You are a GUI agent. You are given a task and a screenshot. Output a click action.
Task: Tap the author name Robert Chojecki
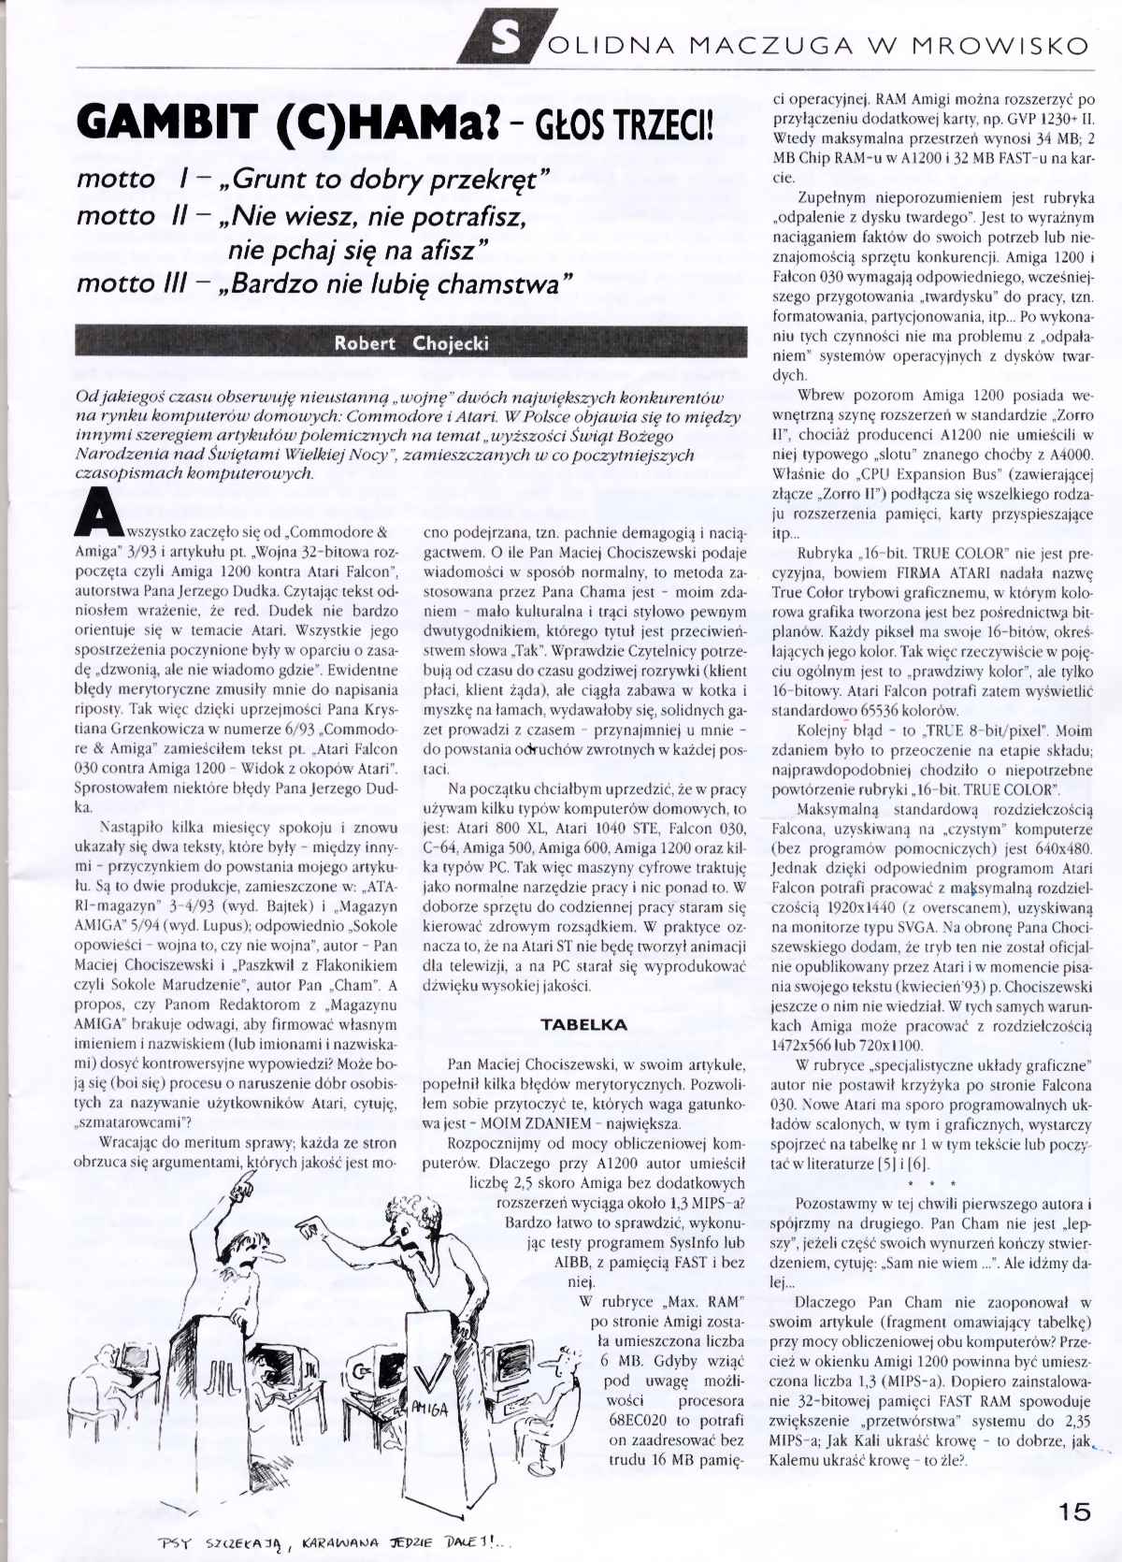(411, 343)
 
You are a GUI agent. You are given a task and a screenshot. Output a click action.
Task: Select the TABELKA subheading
(584, 1024)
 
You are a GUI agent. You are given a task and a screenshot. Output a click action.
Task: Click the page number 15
(1075, 1511)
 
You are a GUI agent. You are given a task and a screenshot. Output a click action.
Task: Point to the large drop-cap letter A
(97, 516)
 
